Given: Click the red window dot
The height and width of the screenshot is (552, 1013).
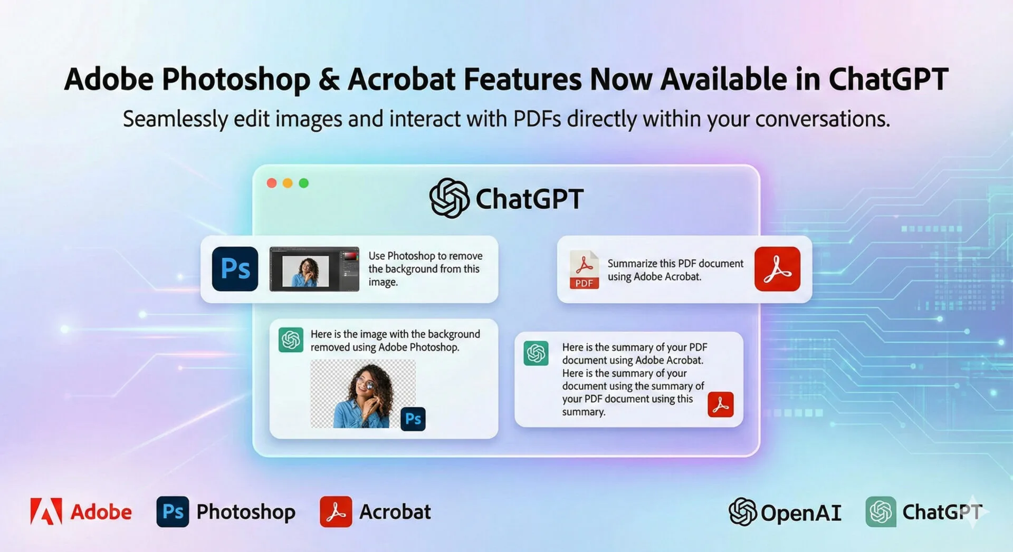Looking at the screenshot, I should (x=272, y=183).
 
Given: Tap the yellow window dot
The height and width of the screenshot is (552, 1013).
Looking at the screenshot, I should (x=288, y=183).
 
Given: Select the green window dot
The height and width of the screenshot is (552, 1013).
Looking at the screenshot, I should (x=304, y=183).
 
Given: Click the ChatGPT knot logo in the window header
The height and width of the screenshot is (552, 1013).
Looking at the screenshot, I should (x=449, y=198).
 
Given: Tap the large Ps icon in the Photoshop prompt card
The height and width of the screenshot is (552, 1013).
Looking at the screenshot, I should (x=235, y=269).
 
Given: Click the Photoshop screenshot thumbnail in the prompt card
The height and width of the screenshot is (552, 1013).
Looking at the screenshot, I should (x=314, y=269).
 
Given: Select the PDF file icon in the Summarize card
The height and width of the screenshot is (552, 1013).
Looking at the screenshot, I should (x=584, y=269).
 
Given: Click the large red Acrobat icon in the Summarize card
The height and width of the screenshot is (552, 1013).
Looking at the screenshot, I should (x=777, y=269).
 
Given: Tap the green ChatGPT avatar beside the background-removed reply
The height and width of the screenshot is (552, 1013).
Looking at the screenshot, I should (x=291, y=340).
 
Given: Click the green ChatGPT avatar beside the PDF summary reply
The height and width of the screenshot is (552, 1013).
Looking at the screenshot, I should (x=536, y=353).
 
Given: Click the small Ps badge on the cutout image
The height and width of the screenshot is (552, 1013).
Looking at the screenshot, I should (x=413, y=419).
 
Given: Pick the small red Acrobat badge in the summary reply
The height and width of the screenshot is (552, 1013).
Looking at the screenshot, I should (x=721, y=404).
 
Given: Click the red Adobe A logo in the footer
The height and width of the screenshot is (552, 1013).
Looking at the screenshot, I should (x=46, y=511).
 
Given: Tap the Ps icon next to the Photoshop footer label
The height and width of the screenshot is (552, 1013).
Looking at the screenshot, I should (x=173, y=511).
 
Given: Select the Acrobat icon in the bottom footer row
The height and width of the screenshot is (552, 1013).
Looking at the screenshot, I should (x=336, y=511).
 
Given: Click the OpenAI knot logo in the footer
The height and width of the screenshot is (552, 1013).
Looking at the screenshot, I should (x=742, y=511).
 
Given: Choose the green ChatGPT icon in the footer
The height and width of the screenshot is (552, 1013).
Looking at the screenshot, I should (x=881, y=511).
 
